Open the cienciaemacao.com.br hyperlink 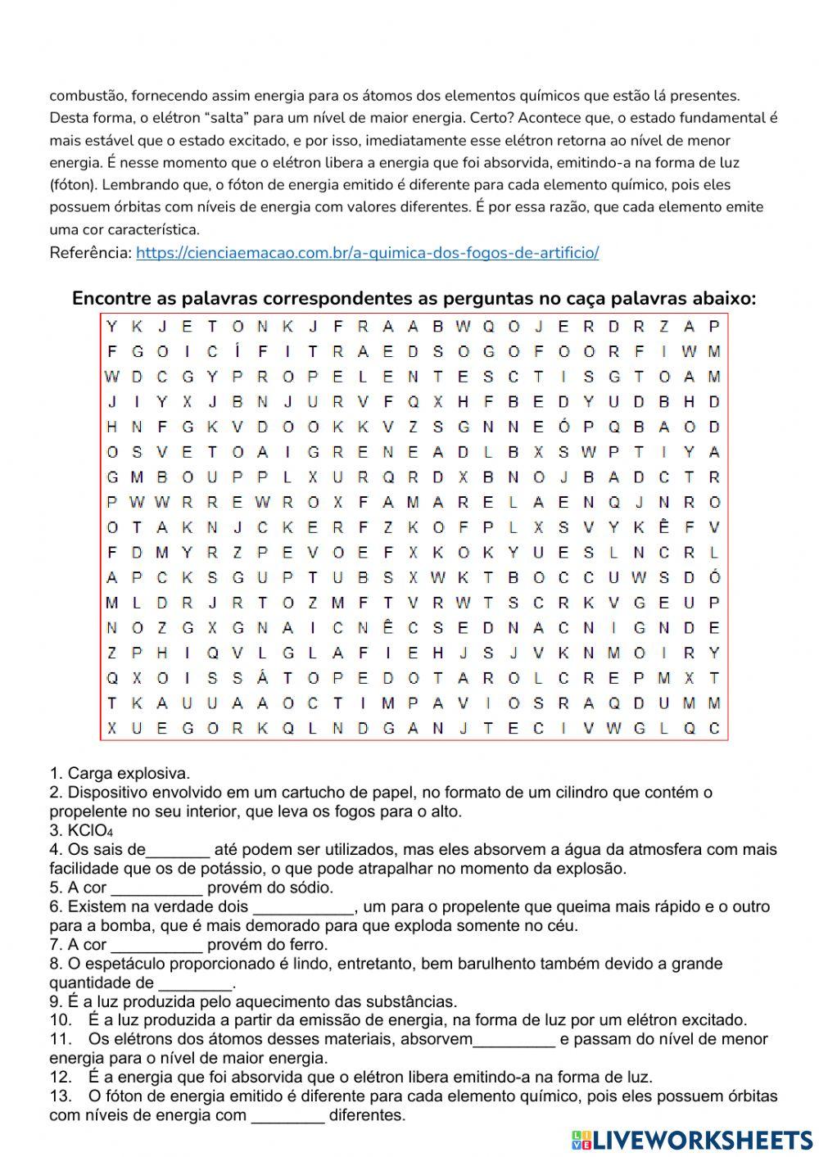coord(367,253)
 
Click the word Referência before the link coord(90,253)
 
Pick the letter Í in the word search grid coord(238,352)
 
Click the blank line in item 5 coord(156,888)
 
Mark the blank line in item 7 coord(156,946)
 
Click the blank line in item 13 coord(287,1116)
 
